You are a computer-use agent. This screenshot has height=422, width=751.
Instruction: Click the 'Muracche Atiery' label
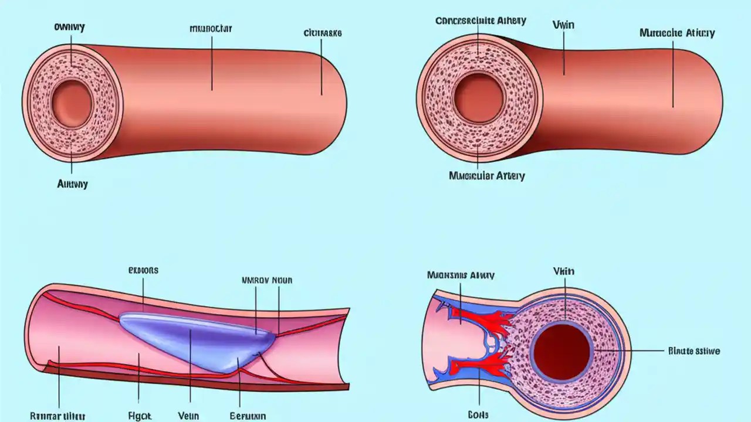coord(676,33)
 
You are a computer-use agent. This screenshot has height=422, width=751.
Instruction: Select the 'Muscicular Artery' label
coord(486,175)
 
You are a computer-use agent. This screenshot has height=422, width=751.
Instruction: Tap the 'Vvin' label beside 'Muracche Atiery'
coord(563,25)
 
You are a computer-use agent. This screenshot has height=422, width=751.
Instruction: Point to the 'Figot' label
coord(139,416)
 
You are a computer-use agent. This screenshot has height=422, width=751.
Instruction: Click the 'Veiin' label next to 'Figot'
coord(188,416)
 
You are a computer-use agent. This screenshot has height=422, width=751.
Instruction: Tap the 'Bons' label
coord(479,414)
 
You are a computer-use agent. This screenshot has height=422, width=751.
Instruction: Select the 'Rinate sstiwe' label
coord(694,351)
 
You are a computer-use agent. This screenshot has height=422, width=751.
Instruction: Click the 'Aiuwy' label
coord(72,184)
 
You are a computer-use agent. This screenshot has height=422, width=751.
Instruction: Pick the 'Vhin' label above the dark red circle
coord(563,271)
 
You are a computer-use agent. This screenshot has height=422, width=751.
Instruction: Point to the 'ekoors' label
coord(143,271)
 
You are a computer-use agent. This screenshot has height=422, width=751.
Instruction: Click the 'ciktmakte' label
coord(322,33)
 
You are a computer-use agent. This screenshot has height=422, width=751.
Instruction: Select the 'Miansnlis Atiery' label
coord(461,275)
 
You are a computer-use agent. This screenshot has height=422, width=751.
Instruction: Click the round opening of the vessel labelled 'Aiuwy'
coord(72,100)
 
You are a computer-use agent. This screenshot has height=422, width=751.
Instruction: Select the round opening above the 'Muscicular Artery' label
coord(478,98)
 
